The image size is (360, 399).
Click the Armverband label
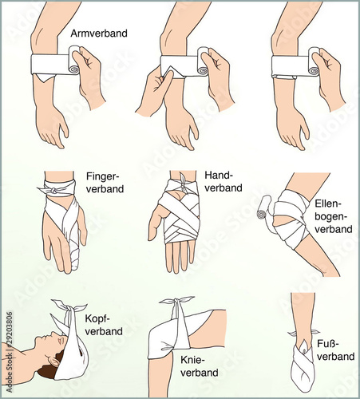99,34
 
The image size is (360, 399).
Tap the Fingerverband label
105,183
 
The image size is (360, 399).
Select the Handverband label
224,181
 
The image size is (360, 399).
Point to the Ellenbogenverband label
334,216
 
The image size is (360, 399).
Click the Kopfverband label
104,325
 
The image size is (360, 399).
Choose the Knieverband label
200,366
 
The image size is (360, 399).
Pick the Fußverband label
335,350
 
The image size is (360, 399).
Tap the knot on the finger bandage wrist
53,191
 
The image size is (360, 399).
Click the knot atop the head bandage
69,308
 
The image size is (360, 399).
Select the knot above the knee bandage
176,301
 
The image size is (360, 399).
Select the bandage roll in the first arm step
73,61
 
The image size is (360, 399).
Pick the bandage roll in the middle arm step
203,61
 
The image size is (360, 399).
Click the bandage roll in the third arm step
314,61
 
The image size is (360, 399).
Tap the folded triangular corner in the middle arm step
170,71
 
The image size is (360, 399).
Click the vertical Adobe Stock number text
10,352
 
